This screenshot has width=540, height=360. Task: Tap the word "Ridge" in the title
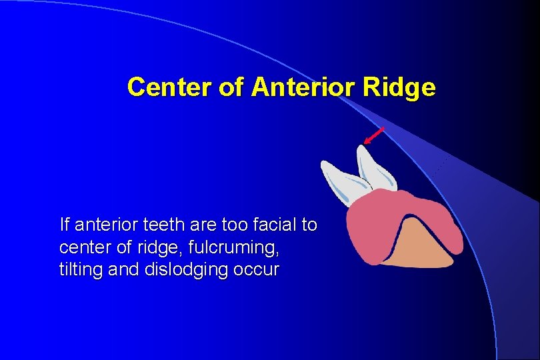coord(404,87)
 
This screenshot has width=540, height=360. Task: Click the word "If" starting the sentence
coord(63,225)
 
